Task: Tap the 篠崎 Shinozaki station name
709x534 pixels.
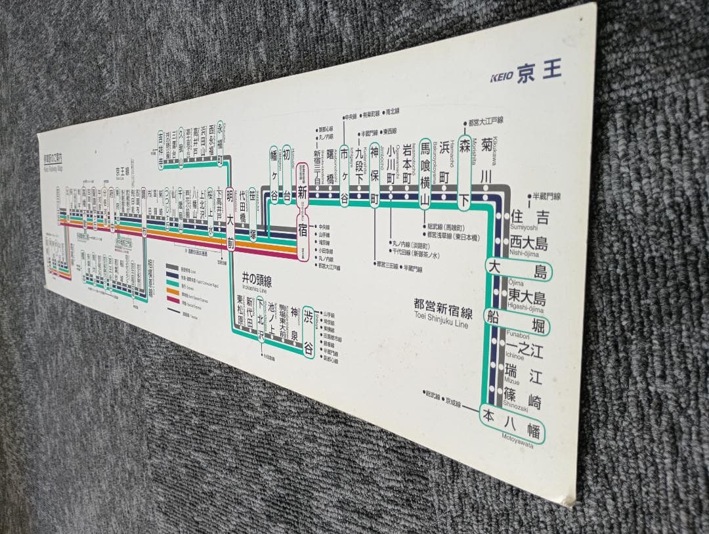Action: point(522,395)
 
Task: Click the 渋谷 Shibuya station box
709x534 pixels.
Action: point(308,332)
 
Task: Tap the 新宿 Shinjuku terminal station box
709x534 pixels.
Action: point(302,211)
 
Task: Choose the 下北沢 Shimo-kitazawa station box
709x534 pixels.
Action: point(261,319)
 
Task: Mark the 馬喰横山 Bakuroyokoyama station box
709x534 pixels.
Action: point(425,172)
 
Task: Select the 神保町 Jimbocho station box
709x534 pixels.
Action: point(375,175)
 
